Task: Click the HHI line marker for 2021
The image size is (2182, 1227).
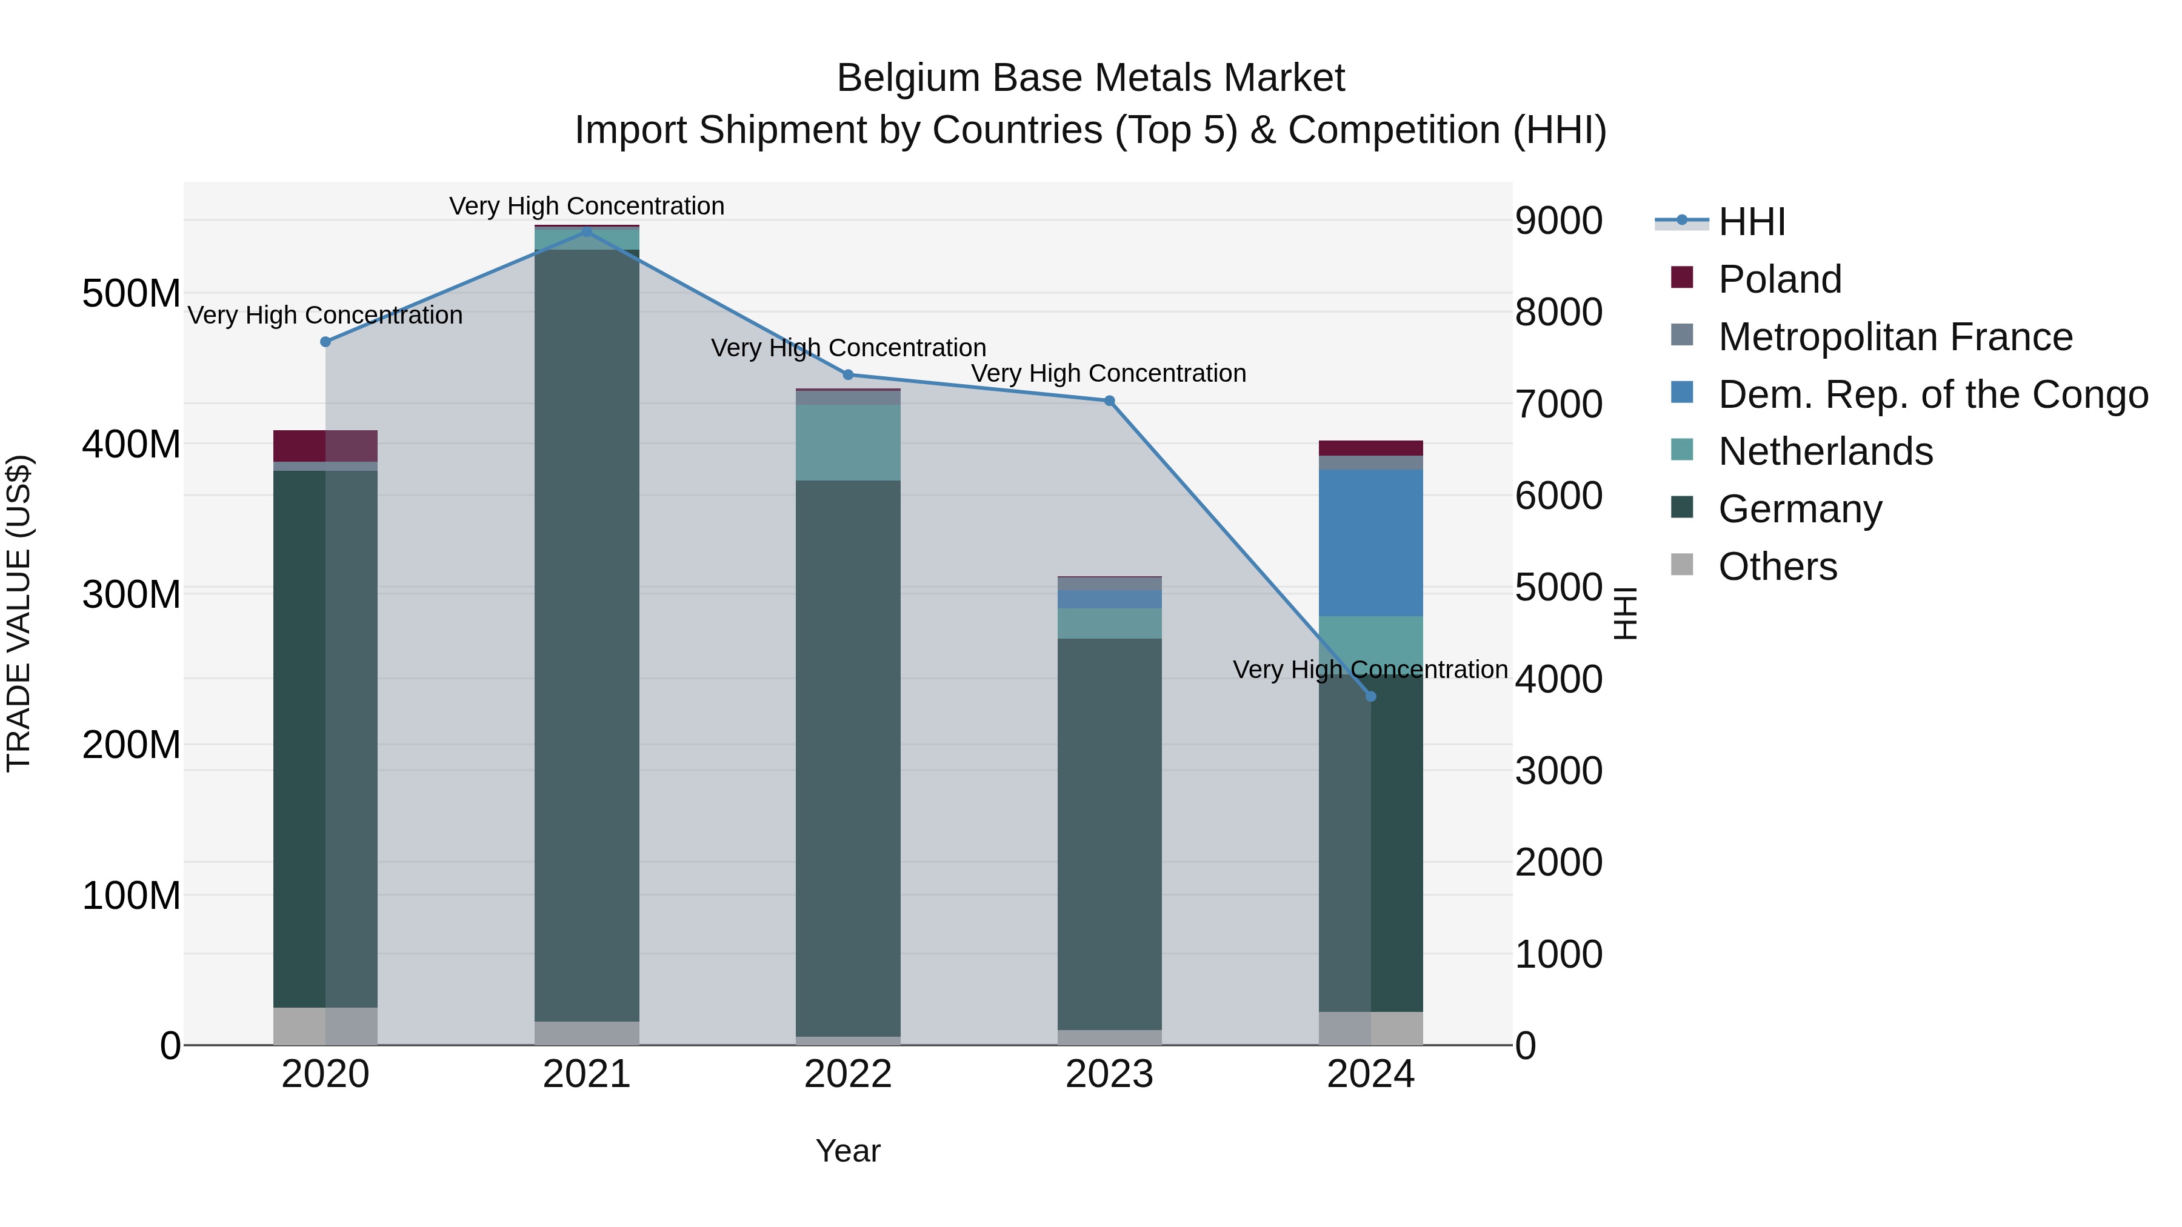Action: (586, 231)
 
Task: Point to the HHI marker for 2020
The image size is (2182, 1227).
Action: (325, 341)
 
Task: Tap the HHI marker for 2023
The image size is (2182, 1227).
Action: (1110, 401)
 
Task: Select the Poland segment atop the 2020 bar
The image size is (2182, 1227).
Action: (325, 445)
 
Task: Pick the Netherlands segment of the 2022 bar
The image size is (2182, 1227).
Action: (848, 442)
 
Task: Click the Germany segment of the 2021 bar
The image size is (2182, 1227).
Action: (586, 635)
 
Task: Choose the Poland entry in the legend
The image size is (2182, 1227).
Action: (1779, 279)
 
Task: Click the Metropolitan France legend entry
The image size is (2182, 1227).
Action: (1894, 337)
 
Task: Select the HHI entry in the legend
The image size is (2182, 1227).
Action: (1752, 222)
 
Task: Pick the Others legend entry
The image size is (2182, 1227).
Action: (1777, 567)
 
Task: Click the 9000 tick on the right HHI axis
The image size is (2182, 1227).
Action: (1558, 221)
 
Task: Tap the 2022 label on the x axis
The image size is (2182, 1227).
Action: (848, 1074)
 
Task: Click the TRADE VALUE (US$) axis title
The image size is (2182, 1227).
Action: (19, 613)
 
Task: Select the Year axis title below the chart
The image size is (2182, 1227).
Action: (848, 1151)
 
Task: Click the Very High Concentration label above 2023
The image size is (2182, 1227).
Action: (1108, 373)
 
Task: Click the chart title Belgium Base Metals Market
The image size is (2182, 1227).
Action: (1090, 78)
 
